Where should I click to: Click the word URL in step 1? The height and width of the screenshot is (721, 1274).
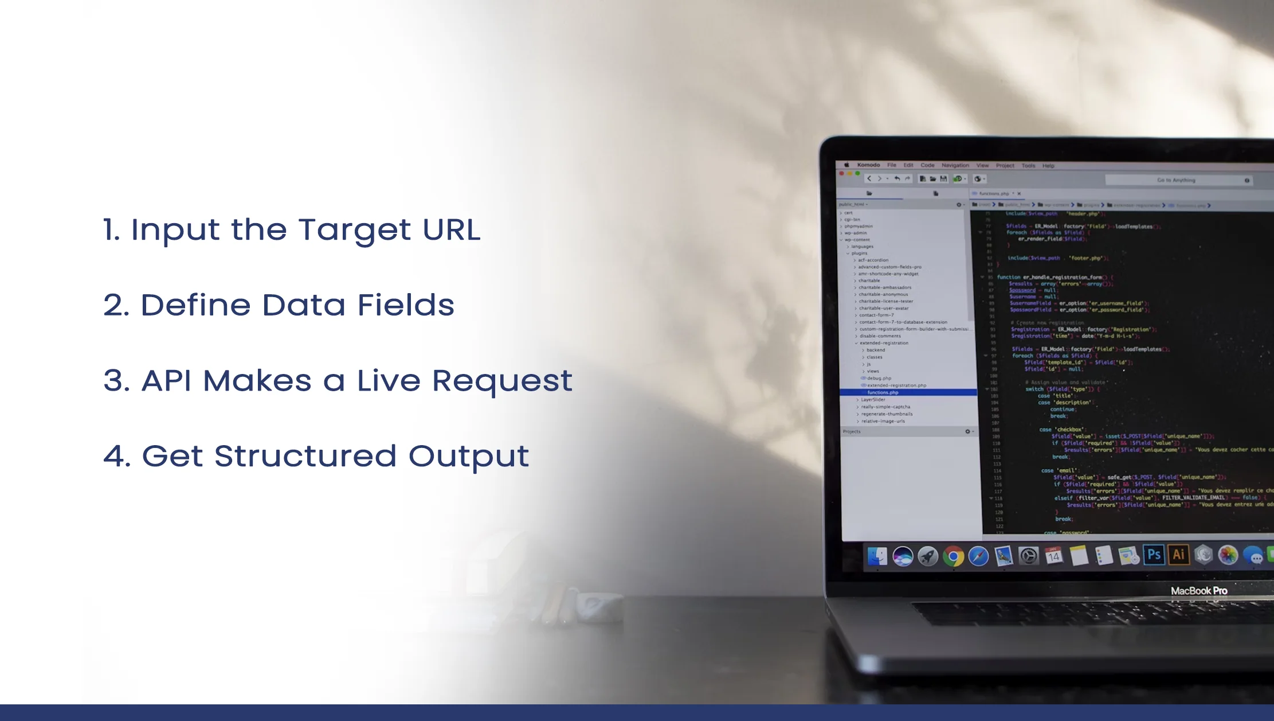tap(451, 230)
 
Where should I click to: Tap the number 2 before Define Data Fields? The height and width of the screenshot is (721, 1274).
tap(115, 305)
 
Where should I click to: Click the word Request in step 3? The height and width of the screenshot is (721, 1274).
tap(502, 381)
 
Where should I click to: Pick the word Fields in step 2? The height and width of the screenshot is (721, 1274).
tap(406, 305)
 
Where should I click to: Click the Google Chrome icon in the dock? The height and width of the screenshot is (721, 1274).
tap(953, 556)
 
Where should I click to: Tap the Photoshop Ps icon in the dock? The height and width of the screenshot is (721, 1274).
tap(1154, 555)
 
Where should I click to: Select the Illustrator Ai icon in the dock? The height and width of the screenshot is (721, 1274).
tap(1178, 555)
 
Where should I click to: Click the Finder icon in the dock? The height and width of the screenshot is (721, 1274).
tap(877, 556)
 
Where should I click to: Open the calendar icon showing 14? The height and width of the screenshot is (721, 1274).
tap(1053, 556)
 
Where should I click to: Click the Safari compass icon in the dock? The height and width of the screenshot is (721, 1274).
tap(978, 556)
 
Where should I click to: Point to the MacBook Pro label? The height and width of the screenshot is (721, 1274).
tap(1199, 591)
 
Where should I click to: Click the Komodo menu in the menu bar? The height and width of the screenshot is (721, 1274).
tap(868, 165)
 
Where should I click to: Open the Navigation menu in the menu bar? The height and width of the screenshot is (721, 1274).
tap(955, 165)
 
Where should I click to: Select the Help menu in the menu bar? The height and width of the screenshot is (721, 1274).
tap(1048, 166)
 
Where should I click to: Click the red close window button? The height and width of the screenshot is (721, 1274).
tap(841, 173)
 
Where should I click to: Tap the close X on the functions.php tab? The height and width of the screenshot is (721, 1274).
tap(1019, 194)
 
